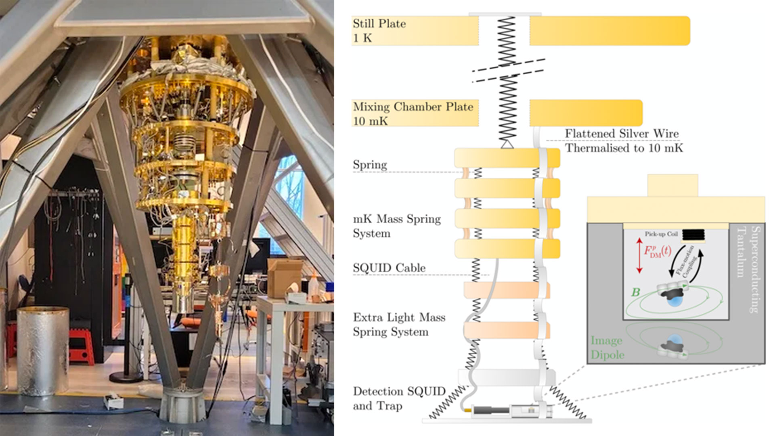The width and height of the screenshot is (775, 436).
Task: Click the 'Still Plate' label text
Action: (379, 23)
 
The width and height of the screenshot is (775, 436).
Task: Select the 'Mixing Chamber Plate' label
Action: (413, 107)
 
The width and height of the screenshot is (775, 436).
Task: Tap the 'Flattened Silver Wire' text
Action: (622, 133)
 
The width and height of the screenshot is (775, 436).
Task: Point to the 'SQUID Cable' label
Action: (389, 268)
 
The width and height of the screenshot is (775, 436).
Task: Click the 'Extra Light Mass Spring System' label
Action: (399, 325)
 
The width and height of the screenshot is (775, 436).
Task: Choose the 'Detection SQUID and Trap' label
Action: (399, 398)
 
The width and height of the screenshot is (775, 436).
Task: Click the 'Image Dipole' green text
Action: (607, 348)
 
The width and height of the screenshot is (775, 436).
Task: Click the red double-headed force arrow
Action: (639, 256)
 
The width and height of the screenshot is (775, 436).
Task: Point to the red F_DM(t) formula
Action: (657, 251)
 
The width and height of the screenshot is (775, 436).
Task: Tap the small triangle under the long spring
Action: (507, 143)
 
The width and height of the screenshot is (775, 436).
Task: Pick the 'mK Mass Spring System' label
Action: (396, 226)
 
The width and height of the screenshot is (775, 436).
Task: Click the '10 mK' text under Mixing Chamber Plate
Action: (370, 121)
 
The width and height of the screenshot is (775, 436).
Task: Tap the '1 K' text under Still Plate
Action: (362, 38)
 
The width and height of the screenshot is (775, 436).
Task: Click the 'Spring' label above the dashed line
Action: (370, 165)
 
